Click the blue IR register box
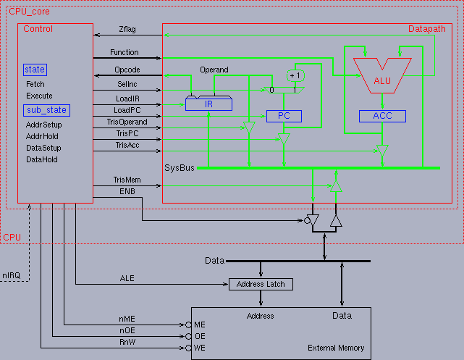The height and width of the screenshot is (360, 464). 208,104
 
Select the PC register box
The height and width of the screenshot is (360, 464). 284,116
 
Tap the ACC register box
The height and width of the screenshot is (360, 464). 382,116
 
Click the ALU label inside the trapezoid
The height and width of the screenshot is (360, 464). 382,81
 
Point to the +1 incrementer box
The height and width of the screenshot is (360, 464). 295,75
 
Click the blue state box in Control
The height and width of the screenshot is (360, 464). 35,70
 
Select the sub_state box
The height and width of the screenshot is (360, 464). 46,110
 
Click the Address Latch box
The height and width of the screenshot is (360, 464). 261,284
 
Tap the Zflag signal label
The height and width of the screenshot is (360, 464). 127,29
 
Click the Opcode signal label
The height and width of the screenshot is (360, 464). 127,70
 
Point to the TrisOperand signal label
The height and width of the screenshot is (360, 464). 127,122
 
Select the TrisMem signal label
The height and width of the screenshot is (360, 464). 127,180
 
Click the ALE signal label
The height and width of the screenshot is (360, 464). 127,278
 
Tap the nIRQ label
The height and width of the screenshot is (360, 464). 12,276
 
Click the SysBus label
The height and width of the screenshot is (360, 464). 180,168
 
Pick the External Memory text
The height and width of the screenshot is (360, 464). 336,348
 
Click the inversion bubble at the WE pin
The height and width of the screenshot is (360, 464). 188,348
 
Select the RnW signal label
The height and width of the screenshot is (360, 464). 127,342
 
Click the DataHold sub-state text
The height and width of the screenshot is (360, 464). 42,159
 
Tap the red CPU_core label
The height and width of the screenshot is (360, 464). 29,12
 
